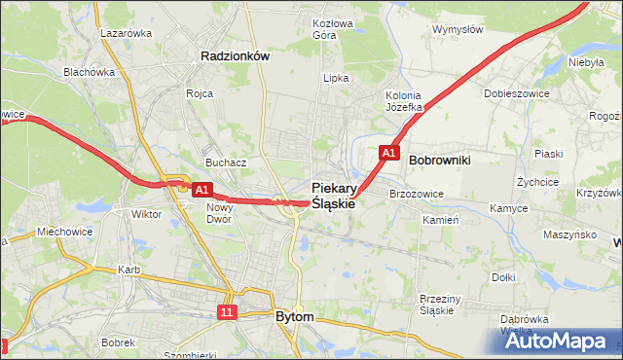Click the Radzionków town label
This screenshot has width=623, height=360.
coord(234,56)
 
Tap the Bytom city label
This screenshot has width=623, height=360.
coord(294,317)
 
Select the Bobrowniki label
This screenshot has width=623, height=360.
coord(440,159)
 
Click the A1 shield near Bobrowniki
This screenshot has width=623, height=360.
coord(388,153)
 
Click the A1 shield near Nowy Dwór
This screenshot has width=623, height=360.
coord(202,190)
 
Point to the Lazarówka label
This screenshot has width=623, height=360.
coord(127,32)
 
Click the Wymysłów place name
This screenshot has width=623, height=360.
coord(458,29)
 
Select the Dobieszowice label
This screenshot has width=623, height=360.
coord(515,93)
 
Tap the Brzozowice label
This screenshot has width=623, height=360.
coord(416,194)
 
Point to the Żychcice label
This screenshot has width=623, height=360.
coord(537,181)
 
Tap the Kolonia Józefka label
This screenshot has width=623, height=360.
coord(403,100)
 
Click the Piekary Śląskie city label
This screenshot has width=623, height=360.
coord(333,196)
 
